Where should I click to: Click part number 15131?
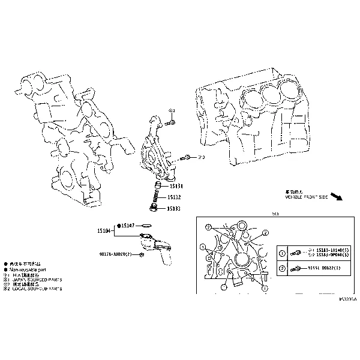[175, 186]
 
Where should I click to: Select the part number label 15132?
[174, 197]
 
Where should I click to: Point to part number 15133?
[174, 208]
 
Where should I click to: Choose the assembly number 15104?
[104, 230]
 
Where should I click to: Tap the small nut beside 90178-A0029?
[140, 255]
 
